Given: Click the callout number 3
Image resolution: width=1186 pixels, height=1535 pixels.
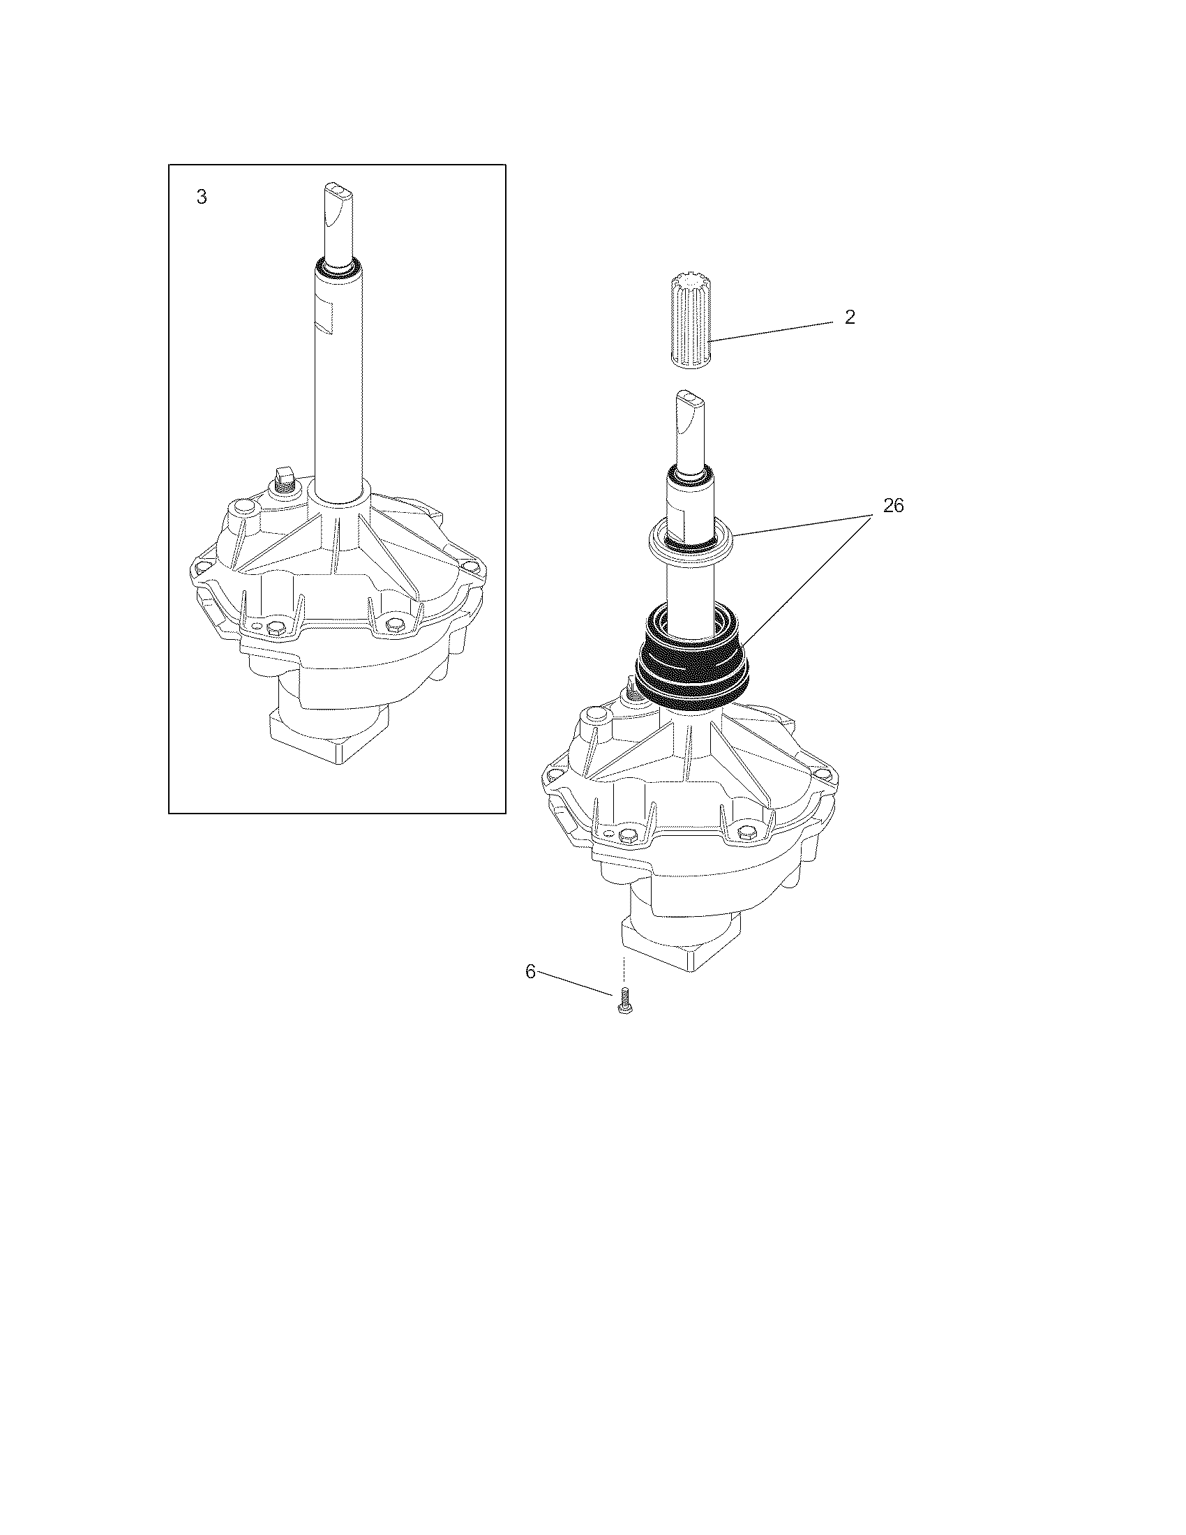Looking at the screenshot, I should (x=202, y=197).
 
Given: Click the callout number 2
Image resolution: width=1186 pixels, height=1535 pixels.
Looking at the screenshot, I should (x=850, y=317).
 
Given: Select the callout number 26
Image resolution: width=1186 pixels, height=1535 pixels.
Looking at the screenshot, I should (x=893, y=505).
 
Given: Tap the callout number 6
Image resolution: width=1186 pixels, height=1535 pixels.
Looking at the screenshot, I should (x=530, y=972).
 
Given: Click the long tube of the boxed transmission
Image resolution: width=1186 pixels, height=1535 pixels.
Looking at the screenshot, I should (x=338, y=380).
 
